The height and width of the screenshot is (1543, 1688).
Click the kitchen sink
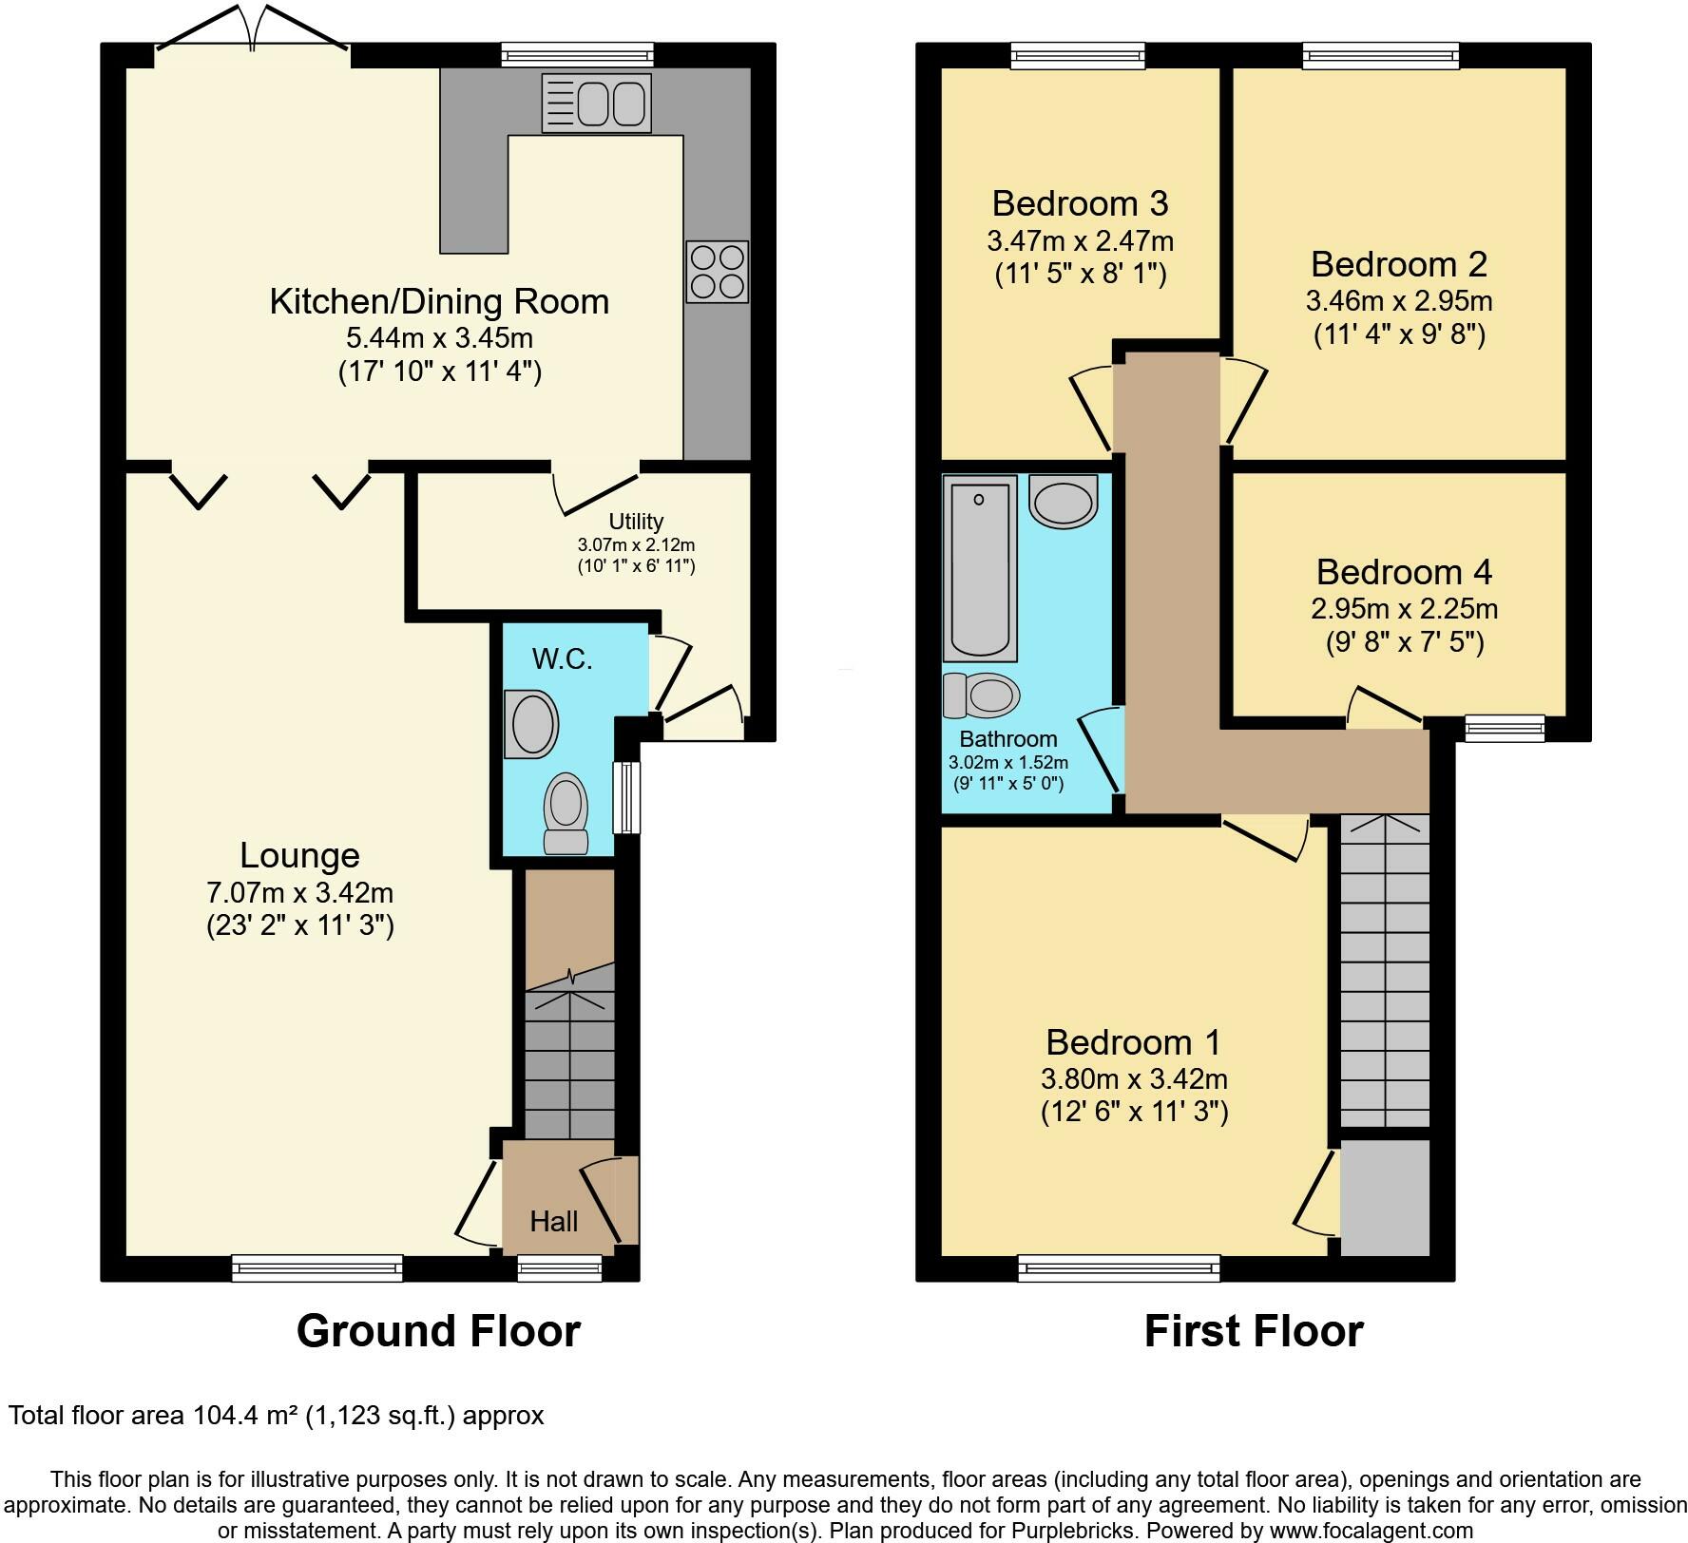pos(597,103)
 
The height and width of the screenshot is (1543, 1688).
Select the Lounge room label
pos(299,856)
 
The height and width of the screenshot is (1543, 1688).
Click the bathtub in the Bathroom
pos(979,568)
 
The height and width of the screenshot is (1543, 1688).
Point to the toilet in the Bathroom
pos(982,695)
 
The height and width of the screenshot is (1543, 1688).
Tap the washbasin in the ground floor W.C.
pos(531,724)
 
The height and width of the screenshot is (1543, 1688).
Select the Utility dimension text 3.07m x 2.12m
pos(636,545)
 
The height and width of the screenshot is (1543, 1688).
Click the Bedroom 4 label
pos(1404,572)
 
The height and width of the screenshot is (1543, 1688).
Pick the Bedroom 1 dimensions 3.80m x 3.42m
pos(1134,1078)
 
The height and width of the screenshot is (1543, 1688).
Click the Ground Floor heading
pos(438,1331)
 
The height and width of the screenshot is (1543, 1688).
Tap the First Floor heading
pos(1254,1331)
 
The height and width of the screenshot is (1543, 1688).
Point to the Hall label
pos(554,1221)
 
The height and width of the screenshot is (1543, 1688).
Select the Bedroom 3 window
pos(1078,56)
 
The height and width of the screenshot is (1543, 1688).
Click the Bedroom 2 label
pos(1399,264)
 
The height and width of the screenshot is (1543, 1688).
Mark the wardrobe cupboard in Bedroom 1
pos(1385,1197)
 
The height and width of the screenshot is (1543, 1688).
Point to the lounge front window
pos(317,1267)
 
